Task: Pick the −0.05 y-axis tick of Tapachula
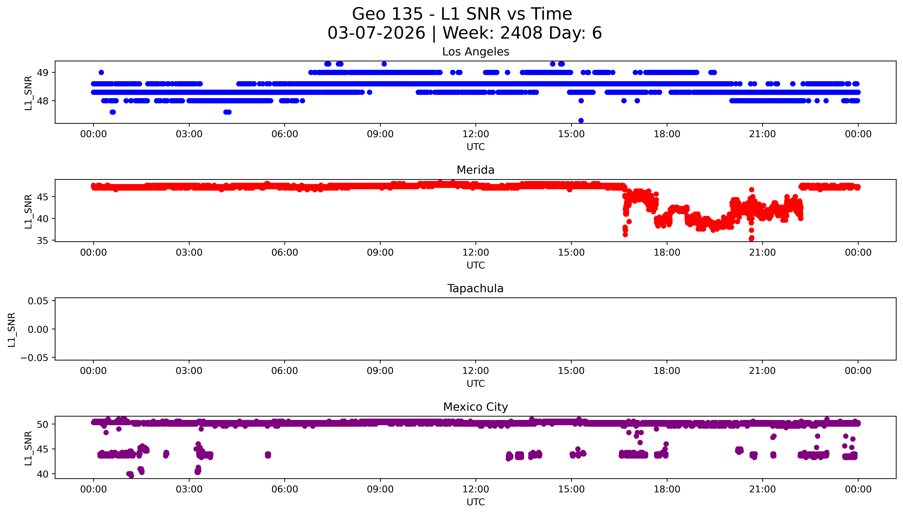[x=34, y=358]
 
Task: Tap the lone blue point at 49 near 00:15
[x=101, y=72]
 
